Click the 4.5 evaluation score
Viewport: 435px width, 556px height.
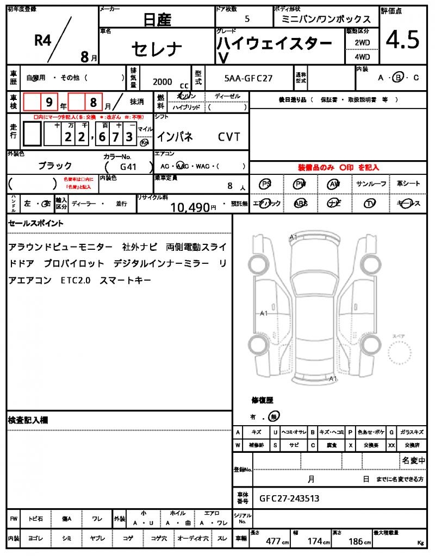pyautogui.click(x=403, y=40)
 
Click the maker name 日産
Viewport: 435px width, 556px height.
pyautogui.click(x=157, y=20)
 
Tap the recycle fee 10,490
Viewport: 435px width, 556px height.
pyautogui.click(x=190, y=207)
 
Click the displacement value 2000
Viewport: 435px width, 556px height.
pyautogui.click(x=162, y=81)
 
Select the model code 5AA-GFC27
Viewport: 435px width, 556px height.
pyautogui.click(x=248, y=78)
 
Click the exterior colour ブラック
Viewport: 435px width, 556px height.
pyautogui.click(x=54, y=166)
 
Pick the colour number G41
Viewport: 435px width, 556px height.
pyautogui.click(x=127, y=167)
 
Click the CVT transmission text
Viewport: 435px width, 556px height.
pyautogui.click(x=229, y=137)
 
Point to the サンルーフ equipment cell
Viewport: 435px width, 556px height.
pyautogui.click(x=371, y=184)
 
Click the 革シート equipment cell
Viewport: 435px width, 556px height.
pyautogui.click(x=408, y=184)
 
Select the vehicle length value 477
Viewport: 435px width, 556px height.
pyautogui.click(x=273, y=541)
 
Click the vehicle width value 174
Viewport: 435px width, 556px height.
pyautogui.click(x=315, y=541)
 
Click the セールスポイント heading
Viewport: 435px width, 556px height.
pyautogui.click(x=36, y=223)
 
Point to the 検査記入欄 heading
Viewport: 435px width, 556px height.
pyautogui.click(x=28, y=420)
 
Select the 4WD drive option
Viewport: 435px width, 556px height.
pyautogui.click(x=362, y=56)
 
